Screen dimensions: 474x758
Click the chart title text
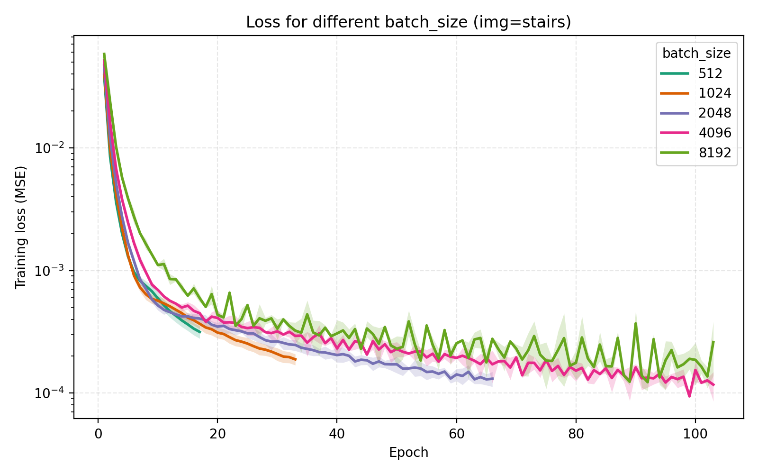(x=408, y=22)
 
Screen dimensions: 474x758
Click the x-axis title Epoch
(x=408, y=453)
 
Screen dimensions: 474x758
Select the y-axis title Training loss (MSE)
(x=20, y=227)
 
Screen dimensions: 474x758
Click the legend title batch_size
(x=696, y=54)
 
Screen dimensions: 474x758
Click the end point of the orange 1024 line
(x=296, y=360)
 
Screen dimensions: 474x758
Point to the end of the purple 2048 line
(x=493, y=379)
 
